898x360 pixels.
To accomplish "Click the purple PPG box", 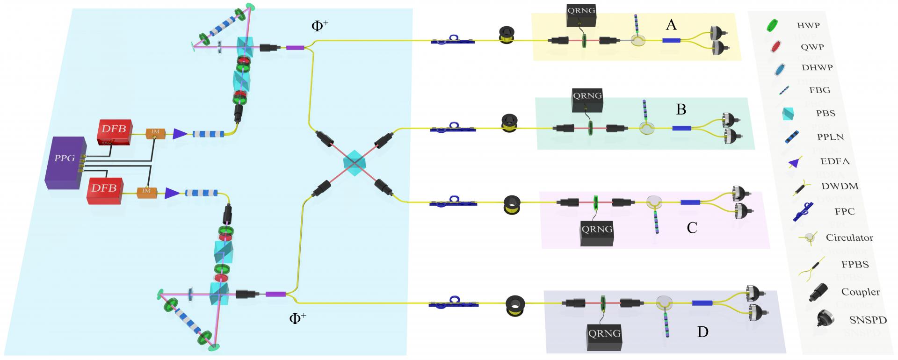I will [x=65, y=162].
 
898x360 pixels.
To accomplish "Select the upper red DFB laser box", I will [x=115, y=132].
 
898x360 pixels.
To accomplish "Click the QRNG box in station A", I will [x=582, y=17].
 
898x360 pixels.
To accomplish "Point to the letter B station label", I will [x=681, y=109].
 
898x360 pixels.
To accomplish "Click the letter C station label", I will [x=692, y=228].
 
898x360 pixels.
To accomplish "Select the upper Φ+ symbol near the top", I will [x=319, y=26].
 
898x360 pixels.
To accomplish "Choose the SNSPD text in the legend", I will [x=868, y=320].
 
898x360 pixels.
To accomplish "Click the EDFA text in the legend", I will [x=835, y=161].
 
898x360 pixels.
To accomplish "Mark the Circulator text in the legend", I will [x=849, y=238].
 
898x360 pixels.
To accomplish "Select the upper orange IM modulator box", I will [x=155, y=133].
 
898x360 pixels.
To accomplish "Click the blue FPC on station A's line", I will [x=452, y=40].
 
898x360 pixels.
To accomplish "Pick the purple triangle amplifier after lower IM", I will [x=172, y=193].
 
